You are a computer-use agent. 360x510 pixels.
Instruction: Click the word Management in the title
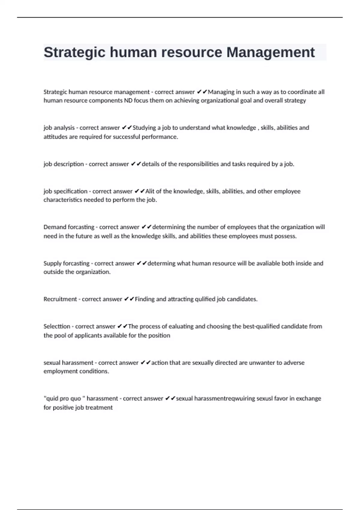(x=270, y=52)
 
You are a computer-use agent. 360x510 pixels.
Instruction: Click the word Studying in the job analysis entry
(x=144, y=128)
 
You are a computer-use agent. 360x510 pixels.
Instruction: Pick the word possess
(x=286, y=236)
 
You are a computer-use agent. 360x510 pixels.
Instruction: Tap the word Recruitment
(x=60, y=299)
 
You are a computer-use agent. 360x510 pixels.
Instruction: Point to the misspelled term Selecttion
(x=57, y=326)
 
